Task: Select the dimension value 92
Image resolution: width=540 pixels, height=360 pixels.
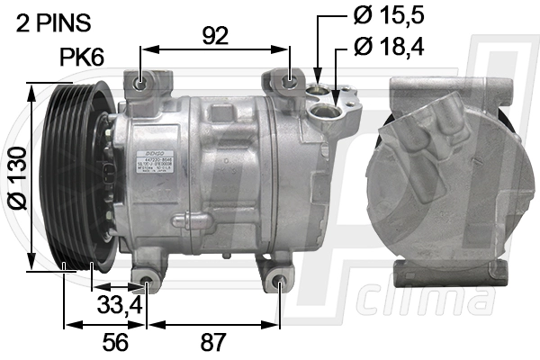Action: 216,35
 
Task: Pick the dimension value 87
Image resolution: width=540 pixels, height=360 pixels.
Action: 213,342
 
